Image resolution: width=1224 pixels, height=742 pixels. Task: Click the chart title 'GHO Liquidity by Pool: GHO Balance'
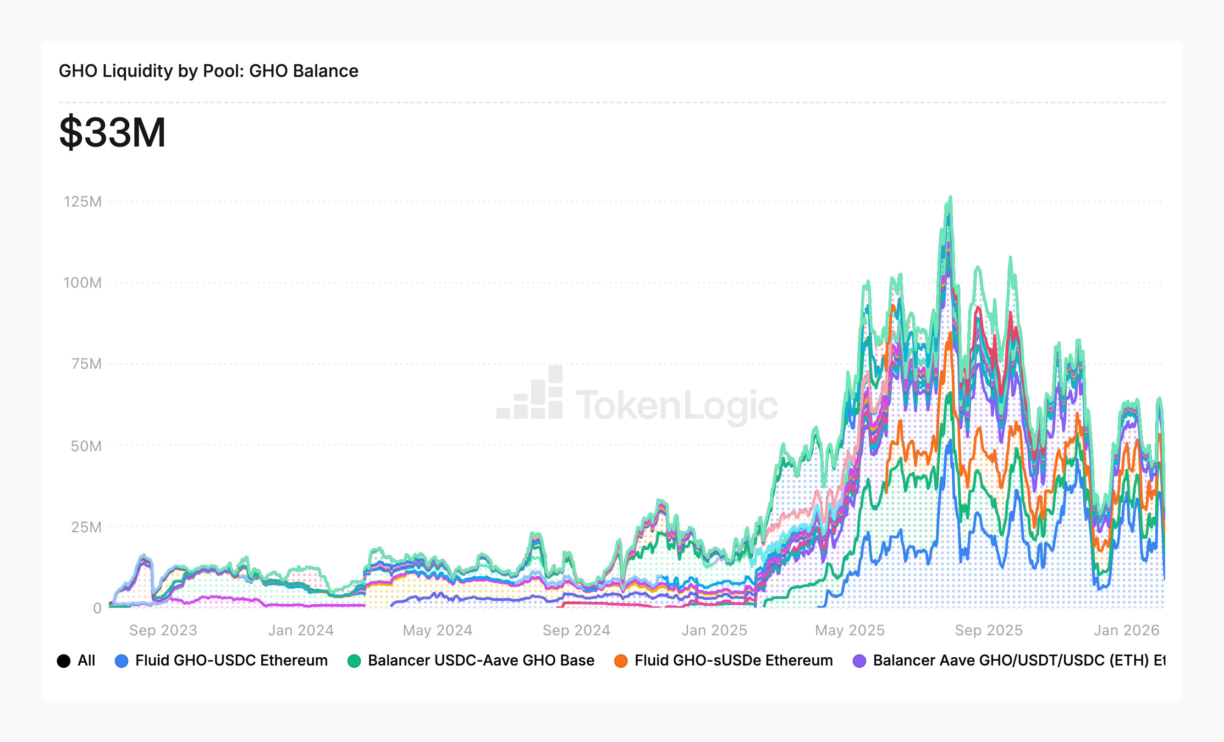(x=208, y=71)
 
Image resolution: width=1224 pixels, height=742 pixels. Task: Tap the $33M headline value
(x=112, y=132)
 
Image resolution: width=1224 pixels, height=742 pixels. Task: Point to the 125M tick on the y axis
(x=83, y=202)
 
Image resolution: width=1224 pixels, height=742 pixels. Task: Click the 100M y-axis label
(x=83, y=283)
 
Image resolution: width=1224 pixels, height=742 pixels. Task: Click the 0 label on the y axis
(x=97, y=608)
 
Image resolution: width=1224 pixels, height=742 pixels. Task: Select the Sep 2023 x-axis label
(x=163, y=630)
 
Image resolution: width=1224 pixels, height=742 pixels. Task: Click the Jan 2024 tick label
(x=301, y=630)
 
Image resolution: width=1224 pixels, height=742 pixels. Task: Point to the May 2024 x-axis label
(x=437, y=630)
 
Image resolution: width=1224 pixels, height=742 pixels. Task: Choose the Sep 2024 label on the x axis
(x=576, y=630)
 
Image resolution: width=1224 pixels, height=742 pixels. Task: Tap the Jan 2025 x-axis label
(x=714, y=630)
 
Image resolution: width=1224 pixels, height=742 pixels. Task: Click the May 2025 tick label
(x=849, y=630)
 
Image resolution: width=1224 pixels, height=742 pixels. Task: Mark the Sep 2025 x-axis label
(x=988, y=630)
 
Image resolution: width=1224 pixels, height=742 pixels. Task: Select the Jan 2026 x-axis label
(x=1126, y=630)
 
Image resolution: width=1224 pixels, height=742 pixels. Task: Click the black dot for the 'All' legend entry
(x=64, y=661)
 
